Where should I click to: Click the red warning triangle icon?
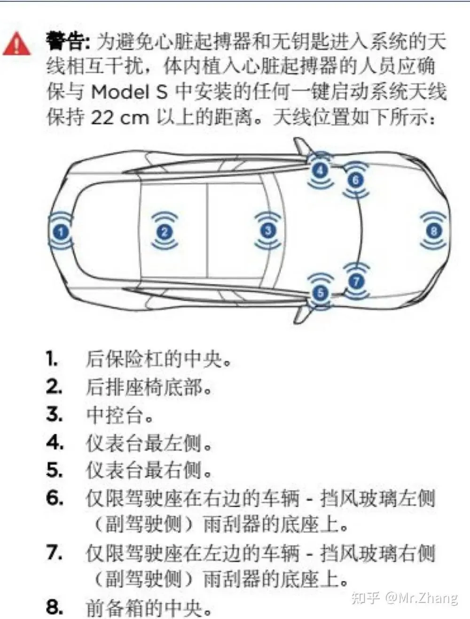[x=17, y=44]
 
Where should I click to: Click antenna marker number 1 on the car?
[x=61, y=232]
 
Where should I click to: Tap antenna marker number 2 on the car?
[x=164, y=232]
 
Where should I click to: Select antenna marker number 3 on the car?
[x=268, y=231]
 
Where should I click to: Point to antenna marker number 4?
[x=320, y=170]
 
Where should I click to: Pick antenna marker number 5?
[x=320, y=293]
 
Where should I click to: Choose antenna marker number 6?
[x=356, y=180]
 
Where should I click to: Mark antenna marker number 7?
[x=357, y=281]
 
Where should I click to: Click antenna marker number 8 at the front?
[x=434, y=231]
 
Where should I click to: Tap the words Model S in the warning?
[x=129, y=92]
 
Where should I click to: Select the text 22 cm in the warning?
[x=119, y=118]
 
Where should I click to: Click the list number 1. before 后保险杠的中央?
[x=52, y=359]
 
